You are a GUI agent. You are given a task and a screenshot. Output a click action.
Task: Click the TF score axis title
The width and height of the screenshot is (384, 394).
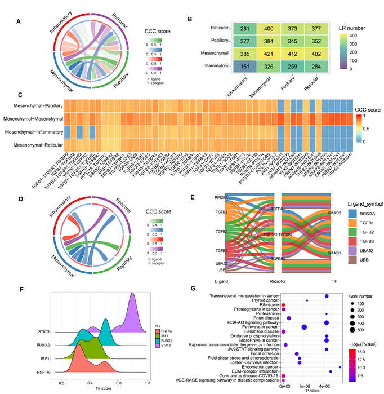pos(101,389)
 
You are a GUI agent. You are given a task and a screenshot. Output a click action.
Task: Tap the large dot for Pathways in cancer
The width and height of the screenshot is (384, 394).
pos(304,327)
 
